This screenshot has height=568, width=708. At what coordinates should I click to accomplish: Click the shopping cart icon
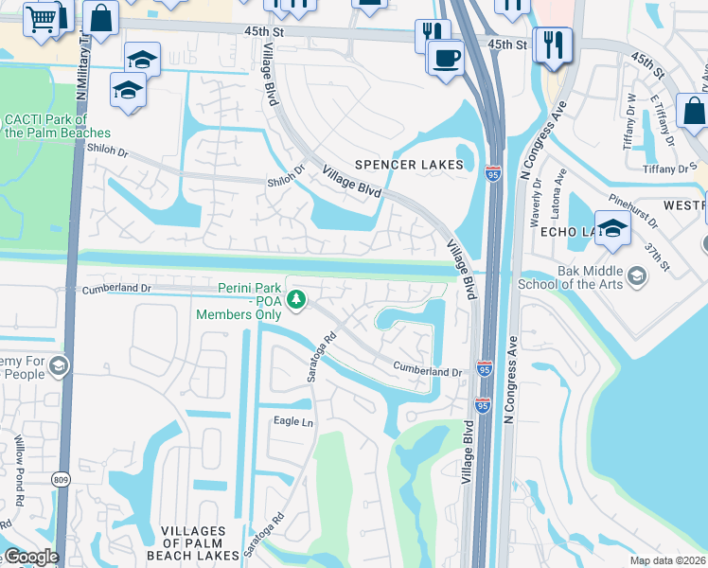tap(41, 17)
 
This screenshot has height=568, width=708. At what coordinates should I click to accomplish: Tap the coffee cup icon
tap(445, 56)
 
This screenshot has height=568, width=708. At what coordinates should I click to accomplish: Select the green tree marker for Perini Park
tap(297, 299)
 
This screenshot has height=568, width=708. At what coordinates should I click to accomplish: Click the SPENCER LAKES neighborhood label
tap(410, 165)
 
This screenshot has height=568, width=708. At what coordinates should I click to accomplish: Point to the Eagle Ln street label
tap(293, 422)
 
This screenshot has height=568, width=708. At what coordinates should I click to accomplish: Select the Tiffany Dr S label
tap(669, 169)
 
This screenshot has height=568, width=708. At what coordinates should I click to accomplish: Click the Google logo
tap(30, 557)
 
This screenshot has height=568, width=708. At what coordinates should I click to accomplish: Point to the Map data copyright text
tap(666, 560)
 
